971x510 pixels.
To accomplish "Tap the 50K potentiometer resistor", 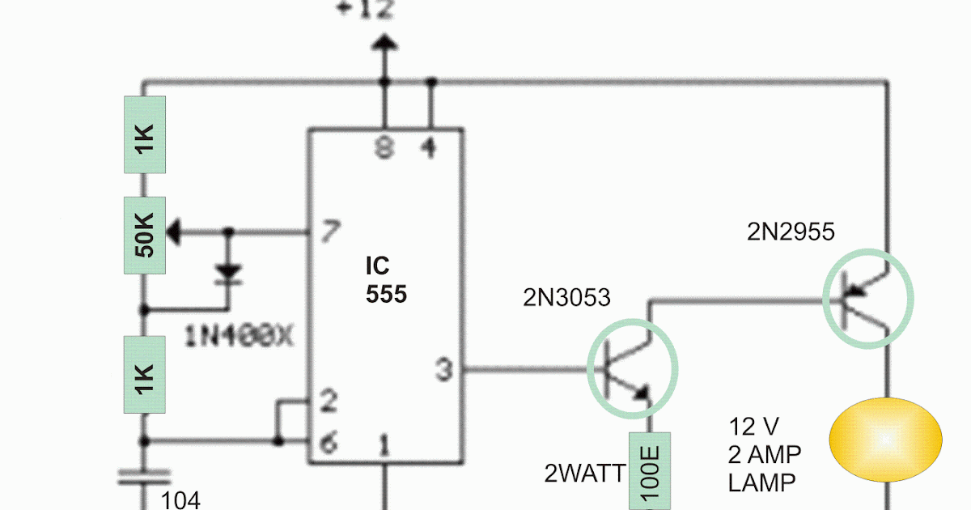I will pyautogui.click(x=144, y=236).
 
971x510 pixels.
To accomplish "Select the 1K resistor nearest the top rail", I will pyautogui.click(x=144, y=134).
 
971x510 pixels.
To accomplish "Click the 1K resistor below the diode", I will pyautogui.click(x=144, y=374).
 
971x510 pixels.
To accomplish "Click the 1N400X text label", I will pyautogui.click(x=238, y=335).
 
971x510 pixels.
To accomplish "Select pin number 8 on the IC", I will pyautogui.click(x=385, y=147).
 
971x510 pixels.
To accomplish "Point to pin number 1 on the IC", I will pyautogui.click(x=385, y=445).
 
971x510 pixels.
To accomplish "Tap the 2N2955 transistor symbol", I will pyautogui.click(x=867, y=297).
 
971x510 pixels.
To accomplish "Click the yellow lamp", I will pyautogui.click(x=885, y=439).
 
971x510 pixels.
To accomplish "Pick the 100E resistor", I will pyautogui.click(x=651, y=474).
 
